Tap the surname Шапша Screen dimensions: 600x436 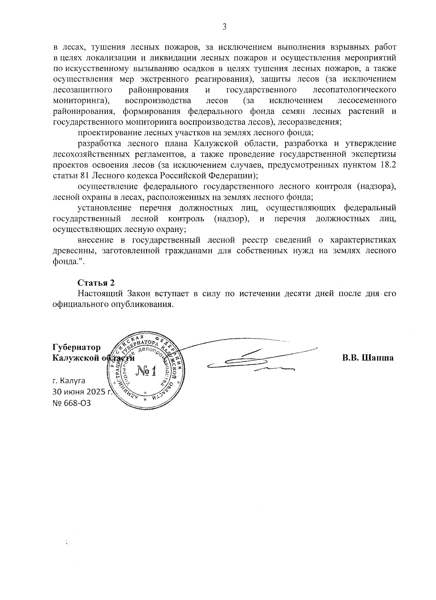tap(378, 358)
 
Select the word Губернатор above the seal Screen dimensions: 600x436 tap(77, 347)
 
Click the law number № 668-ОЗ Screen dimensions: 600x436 tap(72, 403)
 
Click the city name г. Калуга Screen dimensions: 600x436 tap(69, 381)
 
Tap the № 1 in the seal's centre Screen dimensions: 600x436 tap(146, 371)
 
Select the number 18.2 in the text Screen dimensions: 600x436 tap(388, 165)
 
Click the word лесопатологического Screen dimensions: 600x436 tap(354, 90)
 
